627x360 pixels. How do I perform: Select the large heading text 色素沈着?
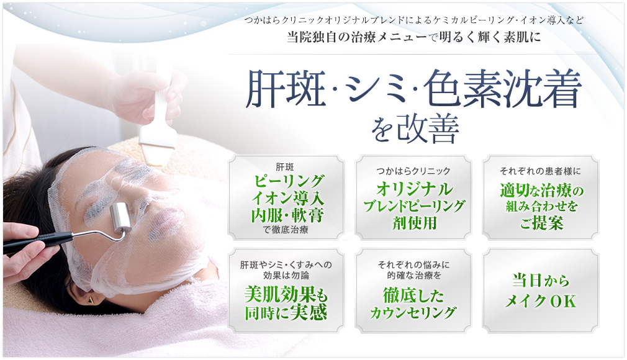502,89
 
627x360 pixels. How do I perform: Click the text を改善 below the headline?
414,129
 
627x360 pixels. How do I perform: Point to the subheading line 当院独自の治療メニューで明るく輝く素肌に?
414,37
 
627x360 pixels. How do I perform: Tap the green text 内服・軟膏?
287,215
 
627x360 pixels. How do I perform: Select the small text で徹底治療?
286,230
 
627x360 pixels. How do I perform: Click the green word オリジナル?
415,189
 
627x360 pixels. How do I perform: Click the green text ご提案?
541,223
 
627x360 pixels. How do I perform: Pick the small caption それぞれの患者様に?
540,171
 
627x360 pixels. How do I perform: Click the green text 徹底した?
413,296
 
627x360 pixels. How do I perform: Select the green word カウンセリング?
413,313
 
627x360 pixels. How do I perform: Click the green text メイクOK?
540,301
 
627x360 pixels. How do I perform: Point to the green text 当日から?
540,281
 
